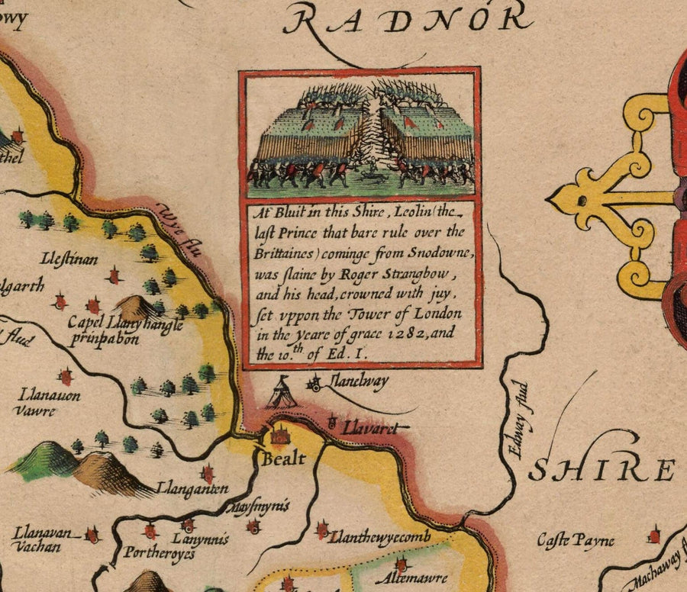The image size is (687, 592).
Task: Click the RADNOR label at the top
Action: [x=405, y=18]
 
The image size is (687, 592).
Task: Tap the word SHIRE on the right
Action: [x=603, y=471]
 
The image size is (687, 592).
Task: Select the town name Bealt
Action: [x=283, y=458]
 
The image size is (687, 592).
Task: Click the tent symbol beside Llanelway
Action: [x=285, y=392]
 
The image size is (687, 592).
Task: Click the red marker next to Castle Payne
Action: [x=653, y=536]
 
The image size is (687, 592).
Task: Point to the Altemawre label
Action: [x=411, y=578]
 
